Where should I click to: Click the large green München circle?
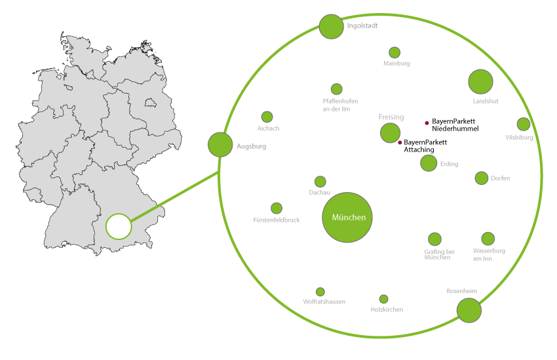(347, 218)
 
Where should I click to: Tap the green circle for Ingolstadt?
(332, 27)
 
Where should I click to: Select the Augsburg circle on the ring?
(220, 145)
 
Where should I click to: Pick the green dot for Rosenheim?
(469, 310)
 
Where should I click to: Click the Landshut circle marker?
(480, 81)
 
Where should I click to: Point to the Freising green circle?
(390, 133)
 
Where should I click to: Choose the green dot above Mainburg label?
(394, 52)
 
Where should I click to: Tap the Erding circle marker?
(429, 163)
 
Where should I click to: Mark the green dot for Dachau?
(320, 182)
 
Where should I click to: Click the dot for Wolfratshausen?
(320, 292)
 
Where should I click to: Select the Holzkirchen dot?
(384, 299)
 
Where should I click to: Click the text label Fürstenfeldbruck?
(277, 220)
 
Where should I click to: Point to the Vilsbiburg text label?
(520, 138)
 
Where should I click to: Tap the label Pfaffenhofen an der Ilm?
(341, 105)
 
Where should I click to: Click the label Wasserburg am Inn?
(488, 254)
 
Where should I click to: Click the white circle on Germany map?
(119, 226)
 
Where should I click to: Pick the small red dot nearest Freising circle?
(400, 142)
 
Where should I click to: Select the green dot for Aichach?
(267, 117)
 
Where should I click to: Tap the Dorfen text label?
(500, 178)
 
